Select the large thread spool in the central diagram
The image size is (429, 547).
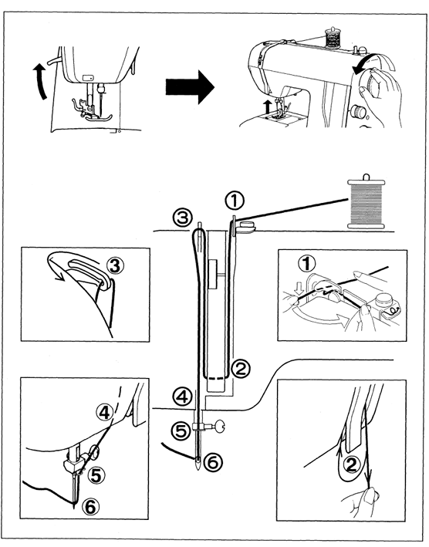tap(366, 203)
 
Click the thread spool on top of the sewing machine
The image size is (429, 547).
tap(334, 36)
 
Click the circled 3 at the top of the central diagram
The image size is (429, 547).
tap(181, 215)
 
